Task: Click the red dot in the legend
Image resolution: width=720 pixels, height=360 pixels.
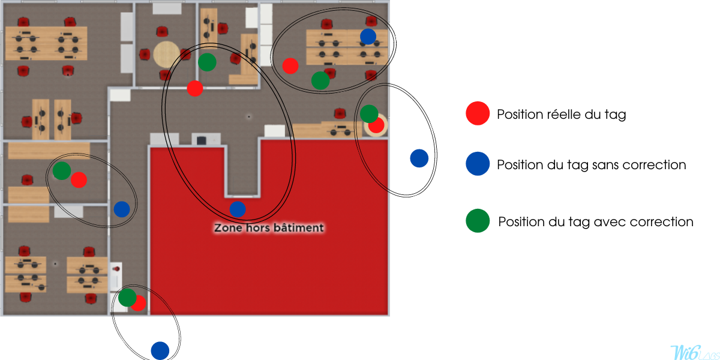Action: (x=478, y=113)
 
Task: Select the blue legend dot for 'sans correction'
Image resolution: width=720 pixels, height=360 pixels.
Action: (x=478, y=164)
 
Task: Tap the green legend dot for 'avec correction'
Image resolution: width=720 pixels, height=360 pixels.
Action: (x=478, y=221)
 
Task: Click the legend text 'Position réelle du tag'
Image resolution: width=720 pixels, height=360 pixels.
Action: (x=562, y=115)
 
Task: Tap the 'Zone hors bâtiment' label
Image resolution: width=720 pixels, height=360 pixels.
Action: (x=269, y=228)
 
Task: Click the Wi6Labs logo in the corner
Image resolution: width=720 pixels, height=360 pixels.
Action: (x=694, y=352)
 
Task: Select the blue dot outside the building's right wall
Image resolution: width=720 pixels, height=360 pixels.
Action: (x=419, y=158)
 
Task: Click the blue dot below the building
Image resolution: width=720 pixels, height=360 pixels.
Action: (x=160, y=350)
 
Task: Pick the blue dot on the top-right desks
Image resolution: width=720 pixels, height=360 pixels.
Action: (x=368, y=37)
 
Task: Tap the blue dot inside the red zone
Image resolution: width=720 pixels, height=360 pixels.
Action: (x=238, y=209)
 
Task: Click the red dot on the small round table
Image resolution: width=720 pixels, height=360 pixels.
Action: (x=377, y=125)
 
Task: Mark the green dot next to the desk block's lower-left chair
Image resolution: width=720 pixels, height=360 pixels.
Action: (x=320, y=80)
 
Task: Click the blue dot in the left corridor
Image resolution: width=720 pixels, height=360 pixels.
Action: (x=122, y=209)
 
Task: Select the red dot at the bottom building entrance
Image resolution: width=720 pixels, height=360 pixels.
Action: (x=139, y=303)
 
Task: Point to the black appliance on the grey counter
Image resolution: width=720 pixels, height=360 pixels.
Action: (x=201, y=140)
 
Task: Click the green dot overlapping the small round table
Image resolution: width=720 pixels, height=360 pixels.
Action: (x=369, y=113)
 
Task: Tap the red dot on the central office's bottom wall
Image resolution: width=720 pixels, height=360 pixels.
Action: (x=195, y=88)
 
